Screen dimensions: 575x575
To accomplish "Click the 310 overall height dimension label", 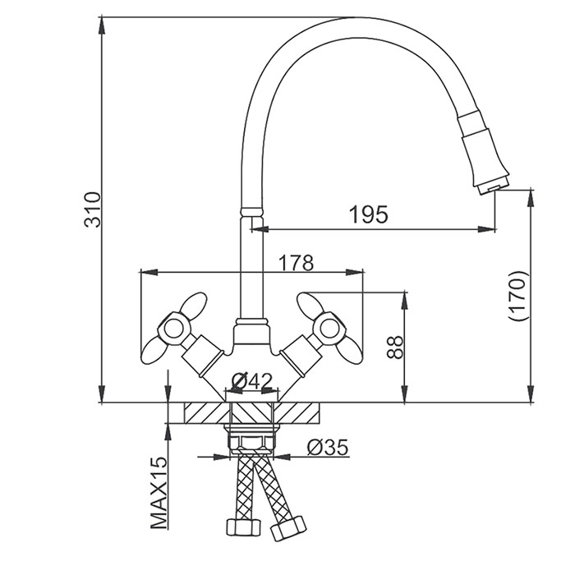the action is click(x=92, y=209).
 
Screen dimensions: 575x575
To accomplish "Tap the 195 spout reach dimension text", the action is click(x=368, y=214).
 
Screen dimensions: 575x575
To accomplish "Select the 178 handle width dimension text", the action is click(x=297, y=263).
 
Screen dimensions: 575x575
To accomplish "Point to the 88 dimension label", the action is click(x=394, y=347).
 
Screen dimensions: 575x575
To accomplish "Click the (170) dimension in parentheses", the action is click(x=517, y=297).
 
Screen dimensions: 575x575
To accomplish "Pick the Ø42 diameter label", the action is click(x=252, y=381).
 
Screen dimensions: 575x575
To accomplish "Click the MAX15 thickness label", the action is click(x=159, y=493).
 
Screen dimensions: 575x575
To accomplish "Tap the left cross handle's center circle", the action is click(x=172, y=329).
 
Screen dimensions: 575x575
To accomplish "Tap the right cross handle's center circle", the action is click(x=329, y=329).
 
